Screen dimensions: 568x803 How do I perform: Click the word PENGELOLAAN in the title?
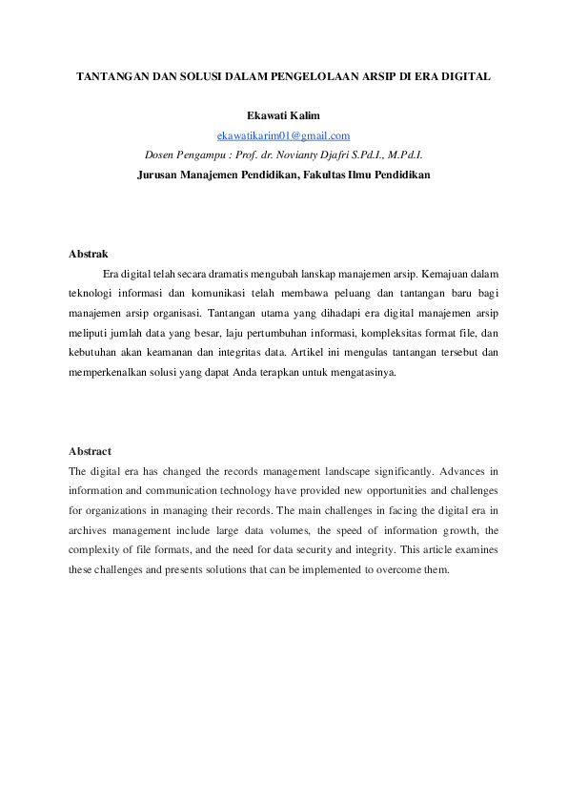click(x=319, y=74)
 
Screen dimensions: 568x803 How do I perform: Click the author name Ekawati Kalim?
click(x=283, y=116)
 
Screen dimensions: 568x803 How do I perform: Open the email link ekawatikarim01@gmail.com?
click(x=283, y=135)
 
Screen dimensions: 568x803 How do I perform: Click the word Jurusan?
click(x=157, y=175)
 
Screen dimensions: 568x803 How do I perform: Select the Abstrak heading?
click(x=89, y=254)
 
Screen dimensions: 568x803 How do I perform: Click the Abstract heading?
click(x=90, y=451)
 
